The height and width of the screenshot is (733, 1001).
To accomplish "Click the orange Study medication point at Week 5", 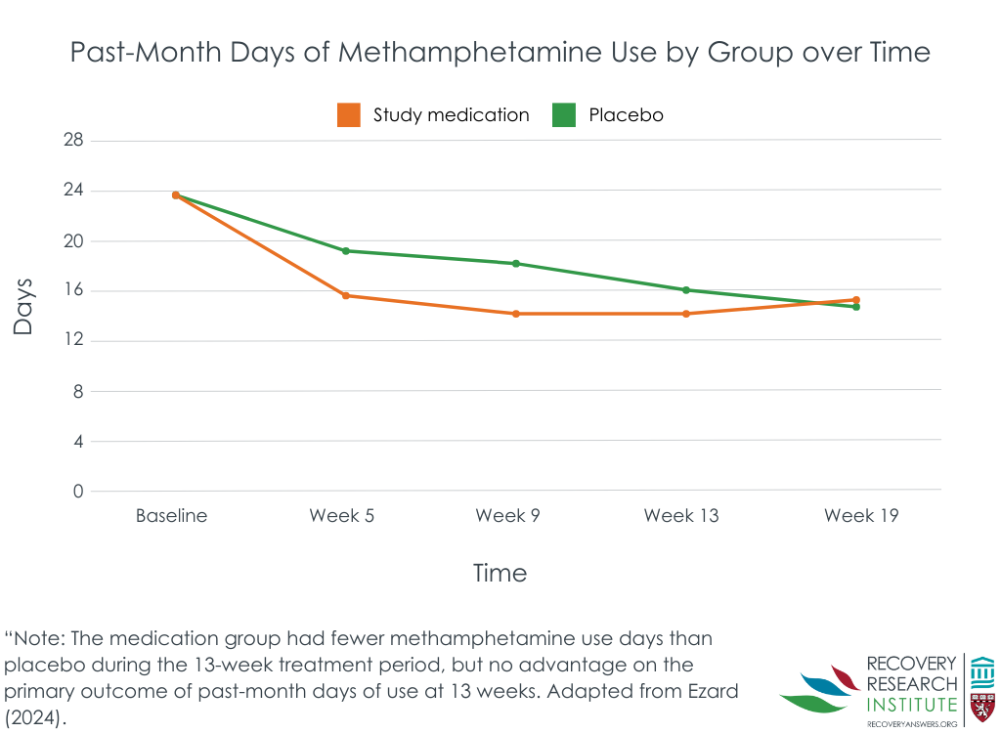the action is pos(345,295).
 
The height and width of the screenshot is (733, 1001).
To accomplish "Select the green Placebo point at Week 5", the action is pos(345,251).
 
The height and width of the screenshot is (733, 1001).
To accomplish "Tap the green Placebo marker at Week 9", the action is pos(516,264).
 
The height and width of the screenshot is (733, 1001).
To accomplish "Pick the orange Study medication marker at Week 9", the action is pos(516,314).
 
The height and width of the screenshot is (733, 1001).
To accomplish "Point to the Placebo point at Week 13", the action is pos(686,290).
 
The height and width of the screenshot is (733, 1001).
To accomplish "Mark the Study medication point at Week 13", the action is pos(686,314).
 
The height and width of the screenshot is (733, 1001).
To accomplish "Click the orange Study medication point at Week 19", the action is pos(856,299).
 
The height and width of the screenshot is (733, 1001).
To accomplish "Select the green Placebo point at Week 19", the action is pos(856,307).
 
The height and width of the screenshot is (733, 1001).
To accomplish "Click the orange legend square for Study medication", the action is pos(349,115).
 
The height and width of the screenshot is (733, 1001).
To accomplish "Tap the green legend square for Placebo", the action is pos(564,115).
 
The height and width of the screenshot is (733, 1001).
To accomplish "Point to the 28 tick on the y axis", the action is pos(73,140).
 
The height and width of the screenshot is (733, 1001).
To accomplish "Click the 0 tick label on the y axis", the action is pos(78,491).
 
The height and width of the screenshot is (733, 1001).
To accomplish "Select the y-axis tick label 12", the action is pos(73,339).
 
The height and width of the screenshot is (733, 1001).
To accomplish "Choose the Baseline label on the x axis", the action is pos(172,515).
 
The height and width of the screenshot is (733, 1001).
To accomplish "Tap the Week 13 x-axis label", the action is pos(681,515).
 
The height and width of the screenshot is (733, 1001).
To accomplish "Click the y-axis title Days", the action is pos(23,307).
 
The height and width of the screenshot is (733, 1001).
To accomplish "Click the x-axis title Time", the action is pos(500,573).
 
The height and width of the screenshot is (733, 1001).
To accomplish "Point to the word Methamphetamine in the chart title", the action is pos(470,53).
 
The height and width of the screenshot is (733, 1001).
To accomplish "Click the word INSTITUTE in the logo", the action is pos(912,705).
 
